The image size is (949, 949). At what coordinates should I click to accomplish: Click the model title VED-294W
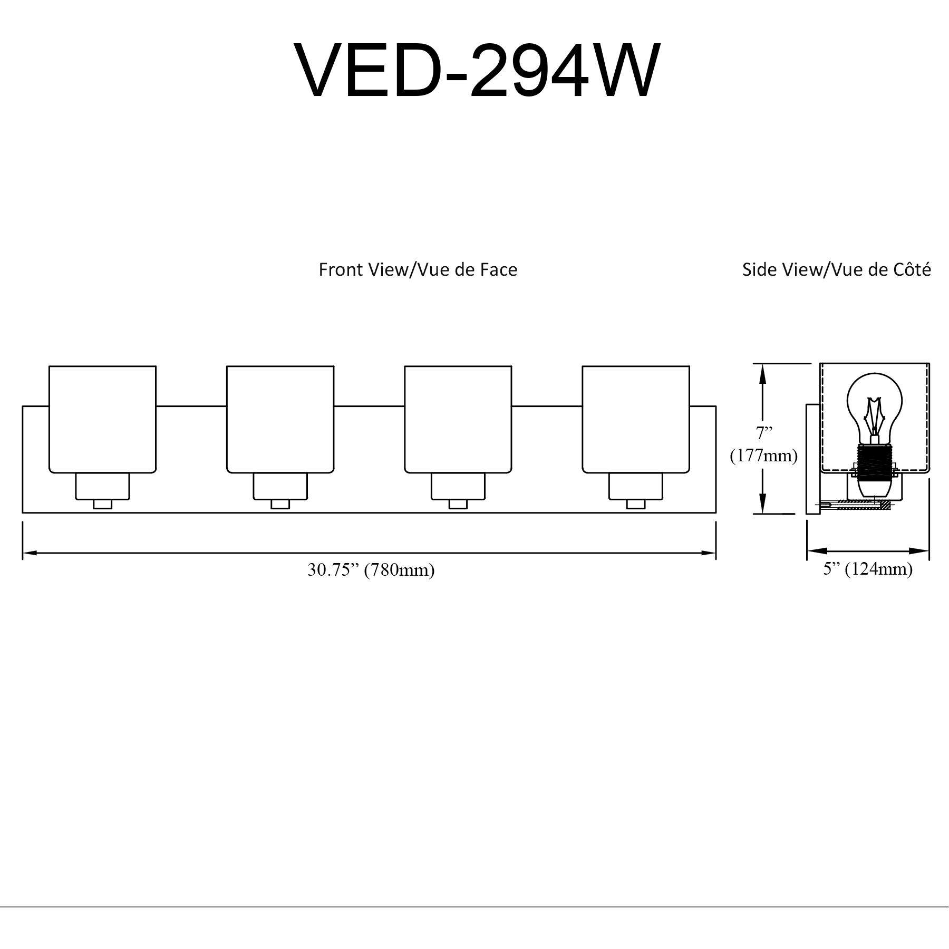point(477,70)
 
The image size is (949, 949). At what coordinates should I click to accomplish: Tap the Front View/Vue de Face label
point(418,270)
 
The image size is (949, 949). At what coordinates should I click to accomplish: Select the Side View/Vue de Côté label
point(837,270)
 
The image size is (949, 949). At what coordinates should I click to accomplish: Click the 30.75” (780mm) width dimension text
point(371,570)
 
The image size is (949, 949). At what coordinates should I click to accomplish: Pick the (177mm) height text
point(763,456)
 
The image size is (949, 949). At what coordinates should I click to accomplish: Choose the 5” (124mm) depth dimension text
point(868,569)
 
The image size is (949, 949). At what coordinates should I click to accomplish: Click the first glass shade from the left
point(102,419)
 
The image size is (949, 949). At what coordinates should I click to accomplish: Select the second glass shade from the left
point(280,419)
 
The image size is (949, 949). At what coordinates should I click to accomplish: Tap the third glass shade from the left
point(458,419)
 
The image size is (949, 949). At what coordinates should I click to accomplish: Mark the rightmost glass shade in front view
point(636,419)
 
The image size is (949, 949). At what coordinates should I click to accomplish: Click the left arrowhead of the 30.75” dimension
point(30,553)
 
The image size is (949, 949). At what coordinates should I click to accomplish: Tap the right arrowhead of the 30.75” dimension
point(709,553)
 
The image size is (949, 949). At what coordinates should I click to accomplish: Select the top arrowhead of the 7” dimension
point(762,372)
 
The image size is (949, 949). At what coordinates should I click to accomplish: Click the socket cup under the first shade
point(102,486)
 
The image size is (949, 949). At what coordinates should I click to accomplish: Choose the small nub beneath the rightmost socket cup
point(636,504)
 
